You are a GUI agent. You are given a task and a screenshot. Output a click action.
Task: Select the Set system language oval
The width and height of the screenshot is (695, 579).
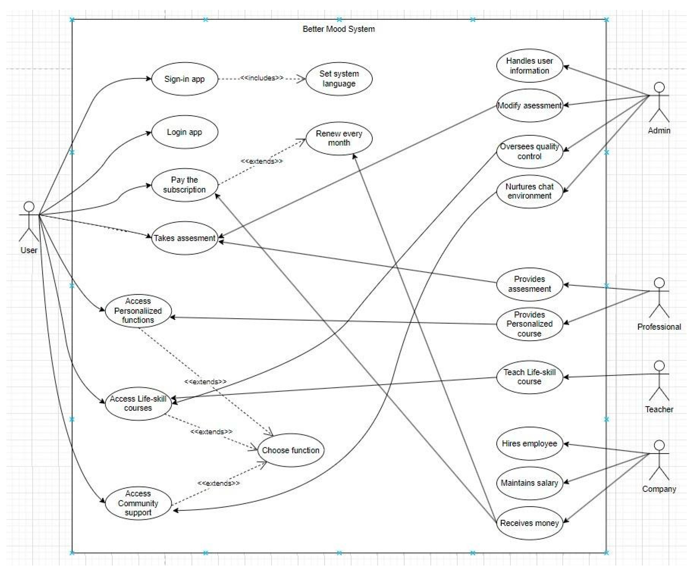point(339,79)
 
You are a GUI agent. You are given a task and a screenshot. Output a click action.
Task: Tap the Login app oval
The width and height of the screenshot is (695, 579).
point(184,132)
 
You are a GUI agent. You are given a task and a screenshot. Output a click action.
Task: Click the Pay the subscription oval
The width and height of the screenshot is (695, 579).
point(184,185)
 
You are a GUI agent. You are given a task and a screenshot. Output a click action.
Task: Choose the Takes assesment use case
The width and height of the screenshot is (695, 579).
point(184,238)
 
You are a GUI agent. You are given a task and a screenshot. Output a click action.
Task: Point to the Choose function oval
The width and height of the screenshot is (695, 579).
point(291,450)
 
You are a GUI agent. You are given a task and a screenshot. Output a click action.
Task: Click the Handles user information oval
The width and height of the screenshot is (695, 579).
point(529,66)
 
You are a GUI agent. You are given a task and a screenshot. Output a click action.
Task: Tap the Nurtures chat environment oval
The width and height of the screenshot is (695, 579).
point(529,191)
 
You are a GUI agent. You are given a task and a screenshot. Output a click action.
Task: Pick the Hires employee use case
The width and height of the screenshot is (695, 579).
point(529,444)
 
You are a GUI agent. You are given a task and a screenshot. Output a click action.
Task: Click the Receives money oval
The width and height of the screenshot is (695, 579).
point(529,523)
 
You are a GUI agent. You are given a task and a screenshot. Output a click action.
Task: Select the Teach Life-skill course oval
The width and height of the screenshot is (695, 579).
point(529,377)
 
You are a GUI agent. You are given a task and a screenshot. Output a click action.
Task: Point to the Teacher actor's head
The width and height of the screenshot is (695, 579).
point(659,366)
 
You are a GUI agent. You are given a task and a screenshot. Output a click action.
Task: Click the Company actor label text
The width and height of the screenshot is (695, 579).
point(659,489)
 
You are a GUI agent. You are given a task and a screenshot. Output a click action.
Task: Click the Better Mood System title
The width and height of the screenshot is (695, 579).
point(338,29)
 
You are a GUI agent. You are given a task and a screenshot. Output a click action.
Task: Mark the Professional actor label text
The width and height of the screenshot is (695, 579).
point(659,327)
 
